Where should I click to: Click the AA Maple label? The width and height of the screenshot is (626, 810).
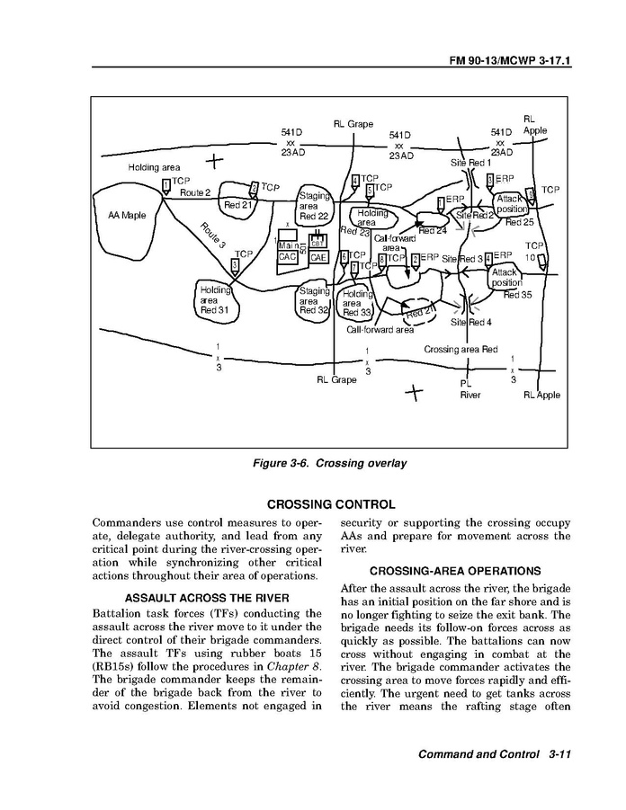pyautogui.click(x=127, y=216)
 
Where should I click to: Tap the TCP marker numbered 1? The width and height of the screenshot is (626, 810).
pyautogui.click(x=166, y=187)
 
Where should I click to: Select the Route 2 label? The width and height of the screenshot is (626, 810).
pyautogui.click(x=195, y=193)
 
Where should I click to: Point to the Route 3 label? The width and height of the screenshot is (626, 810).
pyautogui.click(x=213, y=240)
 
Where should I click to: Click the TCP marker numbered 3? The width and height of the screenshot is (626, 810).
pyautogui.click(x=235, y=266)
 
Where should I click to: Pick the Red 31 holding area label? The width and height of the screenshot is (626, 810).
pyautogui.click(x=215, y=300)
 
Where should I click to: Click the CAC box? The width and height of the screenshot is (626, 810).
pyautogui.click(x=288, y=257)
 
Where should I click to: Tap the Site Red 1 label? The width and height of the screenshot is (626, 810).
pyautogui.click(x=471, y=163)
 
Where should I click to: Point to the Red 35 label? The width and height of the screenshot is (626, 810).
pyautogui.click(x=517, y=295)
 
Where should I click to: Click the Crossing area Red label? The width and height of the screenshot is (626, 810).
pyautogui.click(x=461, y=349)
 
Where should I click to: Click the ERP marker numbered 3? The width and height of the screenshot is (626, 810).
pyautogui.click(x=490, y=181)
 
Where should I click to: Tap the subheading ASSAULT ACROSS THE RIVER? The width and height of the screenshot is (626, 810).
pyautogui.click(x=207, y=598)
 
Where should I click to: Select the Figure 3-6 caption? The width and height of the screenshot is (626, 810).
pyautogui.click(x=331, y=463)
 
